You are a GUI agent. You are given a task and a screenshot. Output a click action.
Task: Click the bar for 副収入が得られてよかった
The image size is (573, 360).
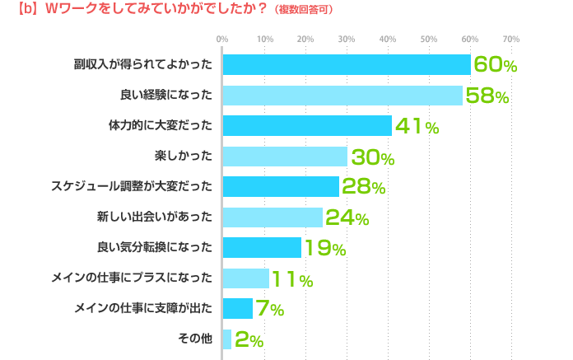pos(346,64)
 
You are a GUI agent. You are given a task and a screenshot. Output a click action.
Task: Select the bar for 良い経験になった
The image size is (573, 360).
pos(342,95)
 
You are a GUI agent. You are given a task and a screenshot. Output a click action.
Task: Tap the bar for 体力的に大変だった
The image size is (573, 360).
pos(307,125)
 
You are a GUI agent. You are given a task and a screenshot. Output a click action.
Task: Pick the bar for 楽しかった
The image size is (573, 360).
pos(285,156)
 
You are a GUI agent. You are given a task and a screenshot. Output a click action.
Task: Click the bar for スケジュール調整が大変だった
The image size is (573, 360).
pos(281,186)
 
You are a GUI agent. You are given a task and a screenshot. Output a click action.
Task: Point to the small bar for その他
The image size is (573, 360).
pos(227,339)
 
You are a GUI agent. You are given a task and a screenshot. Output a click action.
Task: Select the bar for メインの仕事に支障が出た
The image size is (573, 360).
pos(238,308)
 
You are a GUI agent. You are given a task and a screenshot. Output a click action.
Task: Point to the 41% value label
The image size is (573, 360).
pos(417,126)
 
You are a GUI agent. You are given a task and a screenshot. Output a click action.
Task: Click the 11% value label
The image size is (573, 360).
pos(292,278)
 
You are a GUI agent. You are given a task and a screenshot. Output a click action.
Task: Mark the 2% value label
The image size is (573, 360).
pos(249,339)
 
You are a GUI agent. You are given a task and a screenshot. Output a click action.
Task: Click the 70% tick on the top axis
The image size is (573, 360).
pos(510,39)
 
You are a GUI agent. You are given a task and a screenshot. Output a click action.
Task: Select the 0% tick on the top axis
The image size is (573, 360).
pos(222,39)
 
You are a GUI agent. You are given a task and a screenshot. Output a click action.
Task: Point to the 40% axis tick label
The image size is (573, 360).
pos(387,39)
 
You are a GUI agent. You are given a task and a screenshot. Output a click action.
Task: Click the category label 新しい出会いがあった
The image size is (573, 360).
pos(155,217)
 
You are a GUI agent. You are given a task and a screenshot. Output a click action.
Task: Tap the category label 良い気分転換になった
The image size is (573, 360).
pos(155,247)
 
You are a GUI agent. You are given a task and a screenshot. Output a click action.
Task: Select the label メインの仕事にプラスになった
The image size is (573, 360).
pos(143,278)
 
